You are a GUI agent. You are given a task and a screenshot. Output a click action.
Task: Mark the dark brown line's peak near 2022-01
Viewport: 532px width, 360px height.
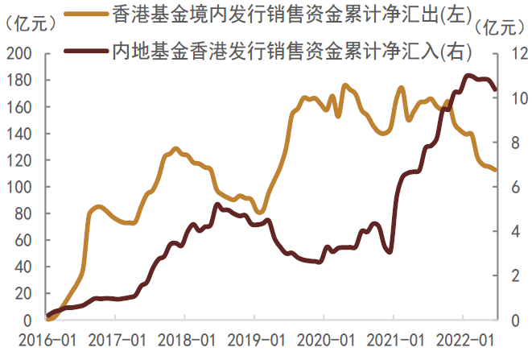(468, 76)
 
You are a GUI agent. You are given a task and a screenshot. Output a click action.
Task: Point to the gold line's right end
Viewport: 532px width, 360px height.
(496, 170)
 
